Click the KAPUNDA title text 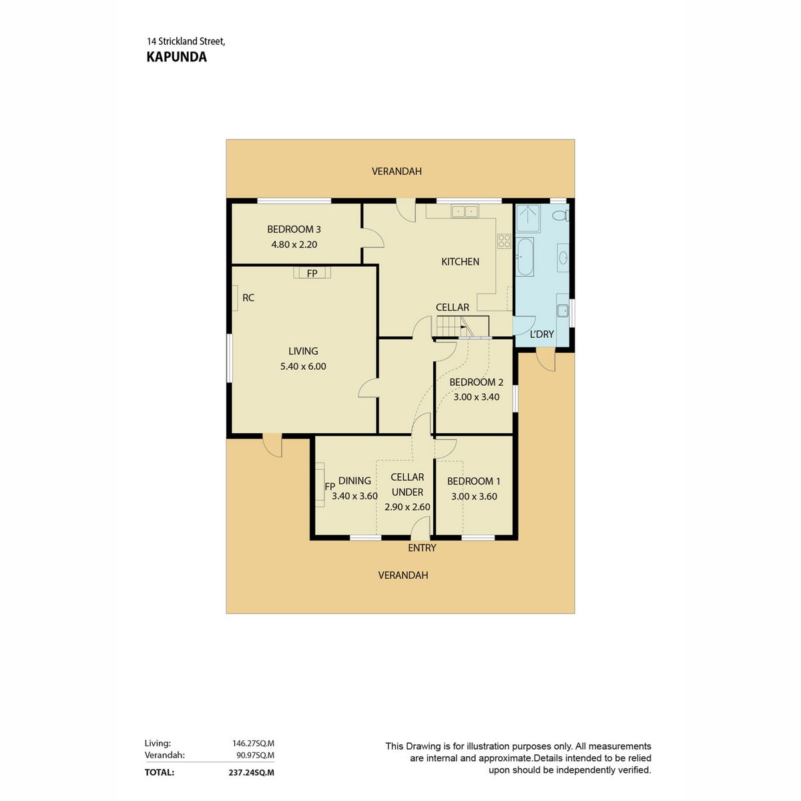point(176,57)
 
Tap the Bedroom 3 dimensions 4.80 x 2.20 point(294,244)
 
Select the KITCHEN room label point(460,262)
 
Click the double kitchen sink point(465,212)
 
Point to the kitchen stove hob point(504,240)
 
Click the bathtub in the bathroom point(525,257)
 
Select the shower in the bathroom point(528,218)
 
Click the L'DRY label point(541,334)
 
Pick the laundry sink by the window point(562,310)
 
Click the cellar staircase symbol point(450,326)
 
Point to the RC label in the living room point(248,298)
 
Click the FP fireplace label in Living point(312,273)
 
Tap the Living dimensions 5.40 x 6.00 point(303,366)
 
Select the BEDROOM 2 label point(476,382)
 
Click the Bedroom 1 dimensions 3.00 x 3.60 point(474,497)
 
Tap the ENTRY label point(422,548)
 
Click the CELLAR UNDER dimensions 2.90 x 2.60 point(407,507)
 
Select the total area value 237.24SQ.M point(250,772)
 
